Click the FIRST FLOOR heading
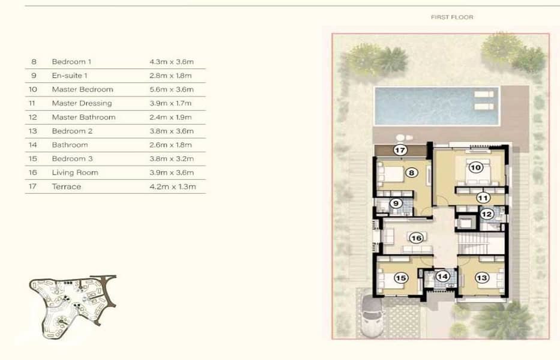coord(452,17)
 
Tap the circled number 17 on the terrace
coord(400,150)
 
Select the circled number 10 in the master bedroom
coord(476,167)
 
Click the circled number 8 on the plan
coord(411,173)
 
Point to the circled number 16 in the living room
coord(417,238)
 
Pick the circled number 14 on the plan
coord(442,276)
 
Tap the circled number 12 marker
coord(487,214)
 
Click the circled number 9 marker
coord(396,203)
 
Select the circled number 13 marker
coord(482,278)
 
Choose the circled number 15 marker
coord(401,278)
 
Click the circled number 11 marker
coord(483,198)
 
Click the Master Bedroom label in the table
coord(82,89)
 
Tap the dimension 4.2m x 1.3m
coord(173,187)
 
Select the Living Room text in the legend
coord(75,173)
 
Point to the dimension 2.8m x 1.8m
coord(170,76)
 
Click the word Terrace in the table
coord(67,187)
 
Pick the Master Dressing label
coord(82,103)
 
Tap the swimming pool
coord(436,106)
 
